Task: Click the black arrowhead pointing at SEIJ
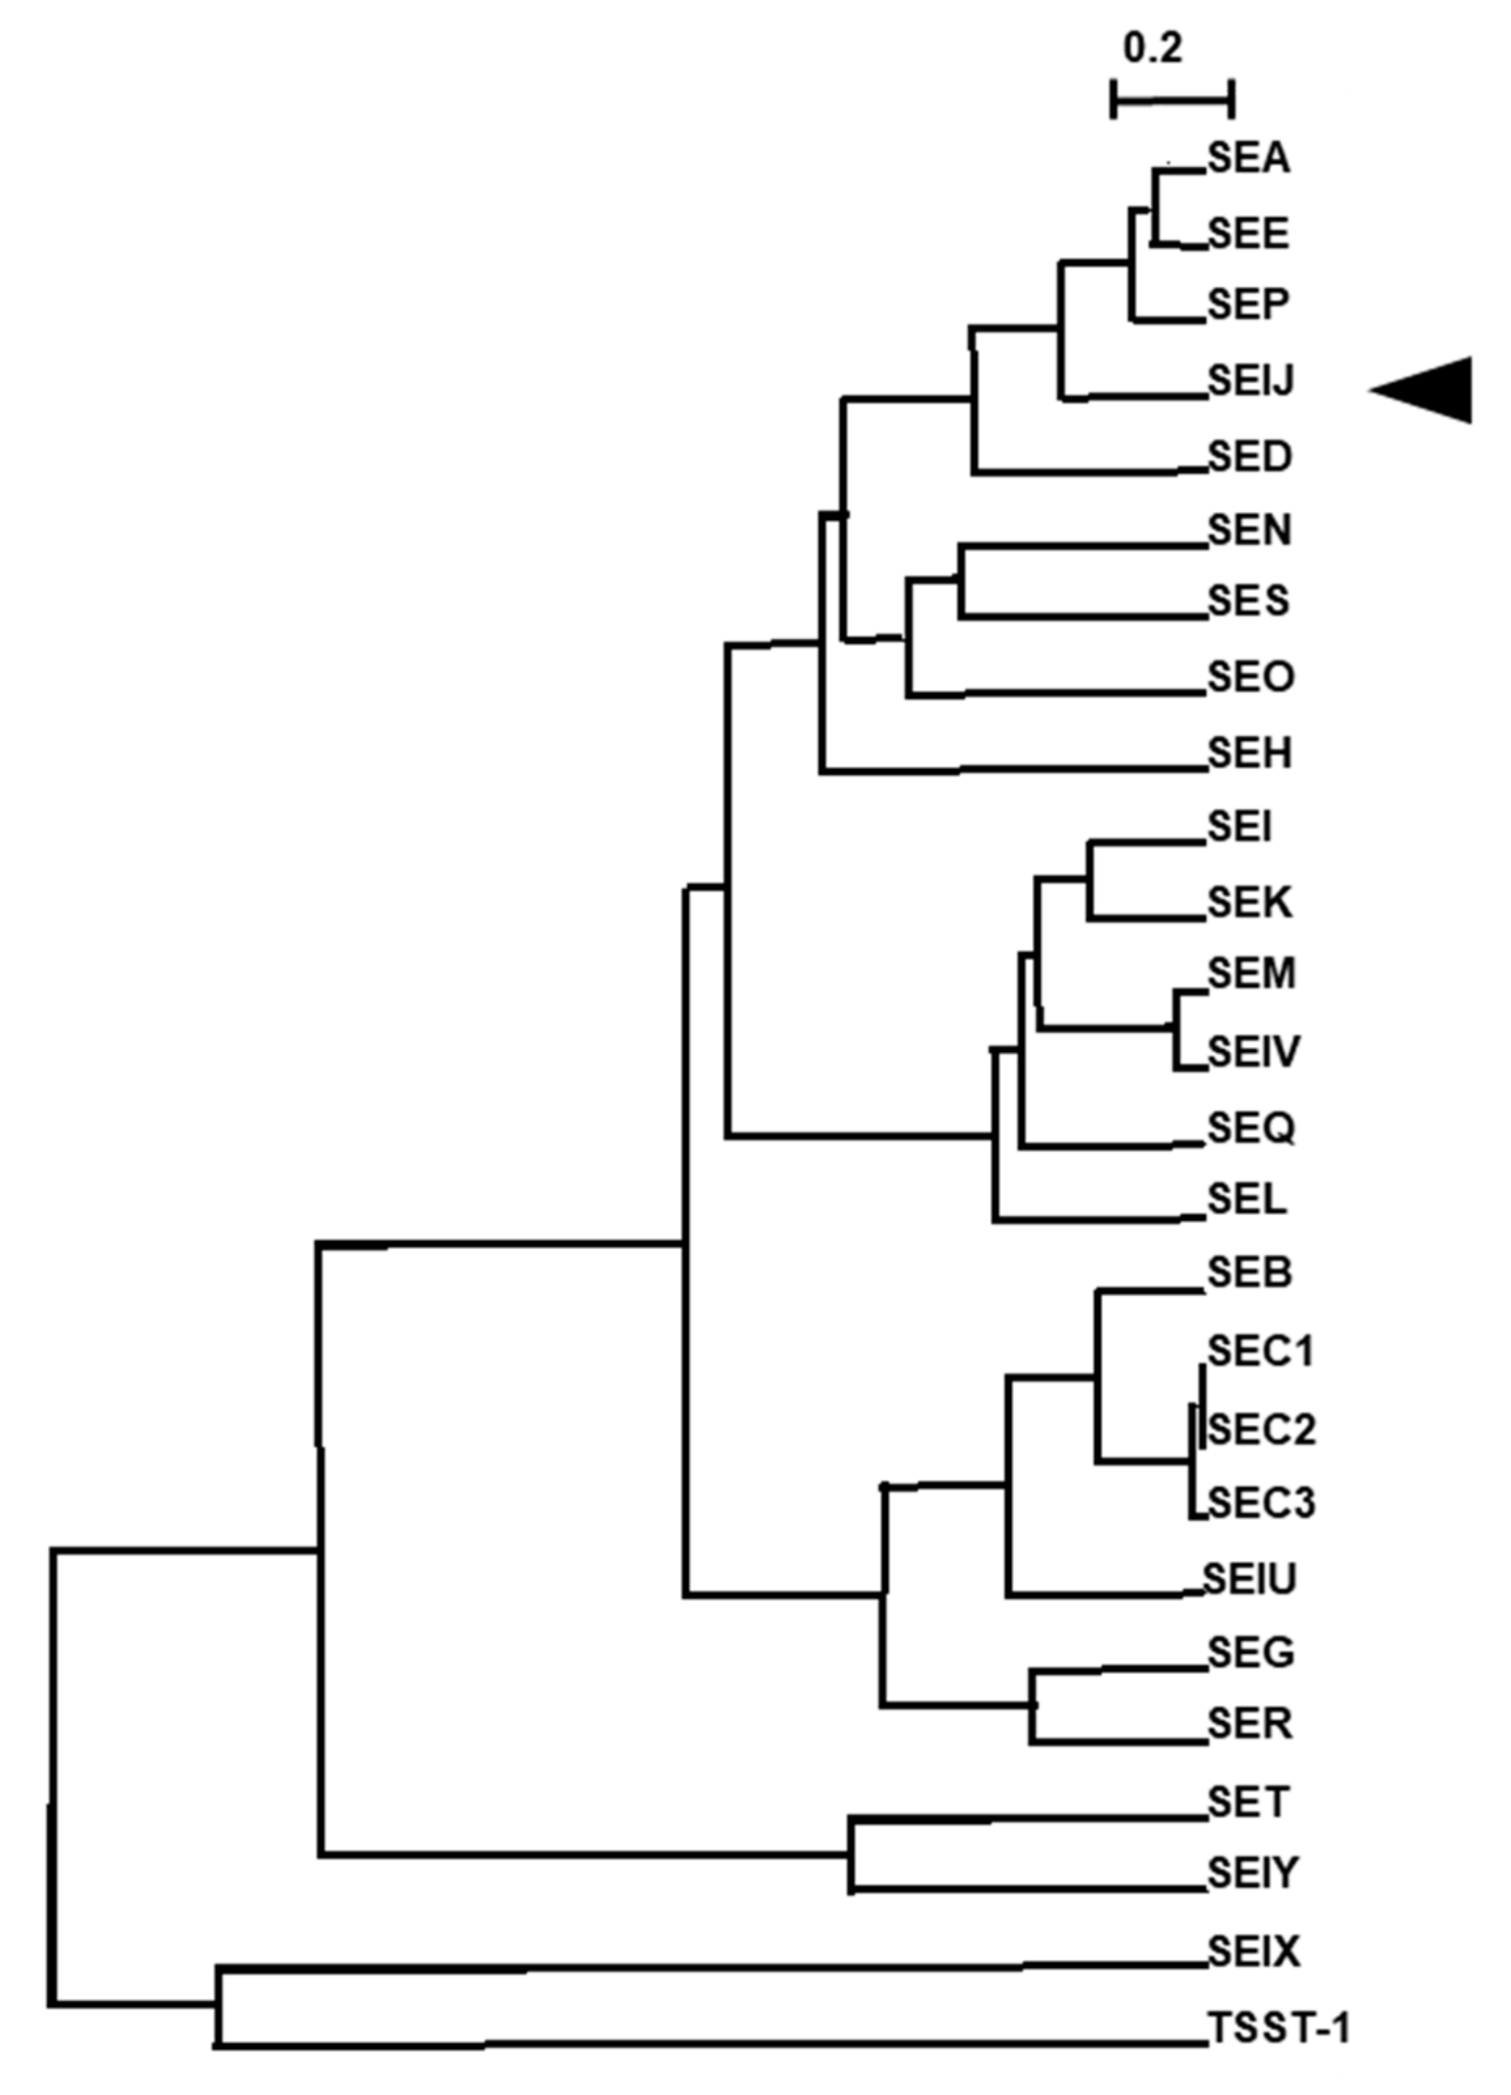click(1427, 390)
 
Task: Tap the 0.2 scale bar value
click(1153, 48)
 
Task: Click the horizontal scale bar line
click(1172, 98)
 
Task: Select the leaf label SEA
click(1248, 160)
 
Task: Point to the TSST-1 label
click(1279, 2029)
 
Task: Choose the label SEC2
click(1261, 1429)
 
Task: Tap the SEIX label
click(1253, 1951)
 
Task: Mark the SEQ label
click(1252, 1127)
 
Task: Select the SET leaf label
click(1248, 1802)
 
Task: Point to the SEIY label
click(1252, 1874)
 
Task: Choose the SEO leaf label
click(1252, 677)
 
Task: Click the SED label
click(1250, 456)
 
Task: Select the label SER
click(1250, 1724)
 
